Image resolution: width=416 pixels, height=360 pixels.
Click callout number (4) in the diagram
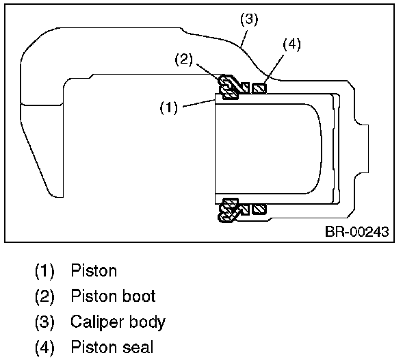click(x=291, y=45)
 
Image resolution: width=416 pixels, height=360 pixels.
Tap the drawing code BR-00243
click(x=356, y=231)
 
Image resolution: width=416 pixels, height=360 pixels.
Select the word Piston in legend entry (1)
click(x=94, y=270)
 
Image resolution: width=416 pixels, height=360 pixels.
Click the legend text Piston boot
click(x=113, y=296)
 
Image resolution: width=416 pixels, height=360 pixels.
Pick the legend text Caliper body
click(x=118, y=321)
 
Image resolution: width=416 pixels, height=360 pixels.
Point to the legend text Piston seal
click(x=112, y=346)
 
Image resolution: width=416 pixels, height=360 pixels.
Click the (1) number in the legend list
click(x=45, y=270)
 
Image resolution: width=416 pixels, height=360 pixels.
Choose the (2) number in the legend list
click(x=45, y=296)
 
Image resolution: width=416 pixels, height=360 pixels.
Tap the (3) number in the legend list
click(x=45, y=321)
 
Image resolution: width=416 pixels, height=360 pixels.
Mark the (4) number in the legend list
click(x=45, y=346)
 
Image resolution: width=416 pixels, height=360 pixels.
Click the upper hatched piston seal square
click(x=259, y=88)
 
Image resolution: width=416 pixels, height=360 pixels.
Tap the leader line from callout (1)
click(x=198, y=104)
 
